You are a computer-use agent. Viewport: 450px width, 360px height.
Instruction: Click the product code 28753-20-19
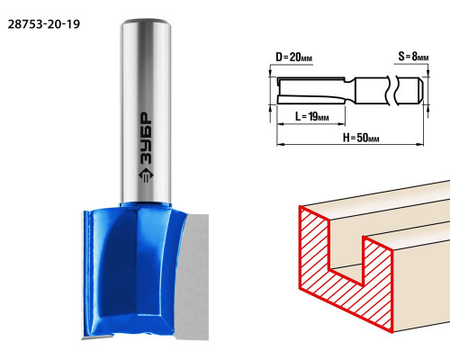[x=44, y=24]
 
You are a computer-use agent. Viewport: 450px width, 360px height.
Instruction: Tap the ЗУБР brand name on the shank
[x=146, y=139]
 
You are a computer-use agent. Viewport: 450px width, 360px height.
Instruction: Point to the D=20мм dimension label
[x=293, y=57]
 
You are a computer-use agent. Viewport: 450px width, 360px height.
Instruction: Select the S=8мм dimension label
[x=413, y=56]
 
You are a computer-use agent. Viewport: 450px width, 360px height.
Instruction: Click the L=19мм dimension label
[x=311, y=116]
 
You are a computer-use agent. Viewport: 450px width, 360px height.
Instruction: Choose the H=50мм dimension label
[x=361, y=138]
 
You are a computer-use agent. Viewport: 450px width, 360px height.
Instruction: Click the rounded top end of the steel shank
[x=146, y=22]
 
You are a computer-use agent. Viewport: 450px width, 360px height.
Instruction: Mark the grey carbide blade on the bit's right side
[x=193, y=276]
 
